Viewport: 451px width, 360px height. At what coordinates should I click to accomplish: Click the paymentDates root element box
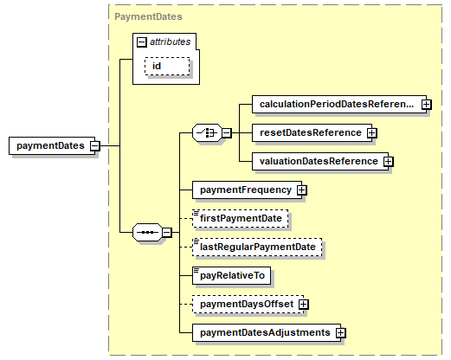pos(49,145)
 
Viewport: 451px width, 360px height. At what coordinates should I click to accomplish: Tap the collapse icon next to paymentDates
pos(95,145)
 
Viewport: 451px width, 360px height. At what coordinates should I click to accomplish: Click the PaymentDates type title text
pos(136,16)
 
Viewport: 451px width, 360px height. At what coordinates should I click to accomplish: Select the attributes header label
pos(171,41)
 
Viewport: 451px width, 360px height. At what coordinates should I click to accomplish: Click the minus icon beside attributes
pos(141,41)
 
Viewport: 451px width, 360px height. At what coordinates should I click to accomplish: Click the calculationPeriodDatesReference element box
pos(337,104)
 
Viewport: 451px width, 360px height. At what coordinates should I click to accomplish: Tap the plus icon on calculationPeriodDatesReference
pos(427,104)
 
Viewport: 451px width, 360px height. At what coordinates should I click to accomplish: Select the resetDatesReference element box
pos(309,132)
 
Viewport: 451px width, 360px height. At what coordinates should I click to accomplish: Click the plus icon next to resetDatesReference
pos(371,132)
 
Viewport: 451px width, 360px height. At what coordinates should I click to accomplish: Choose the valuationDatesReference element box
pos(317,161)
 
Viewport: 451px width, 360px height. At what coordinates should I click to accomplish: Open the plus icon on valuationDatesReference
pos(389,161)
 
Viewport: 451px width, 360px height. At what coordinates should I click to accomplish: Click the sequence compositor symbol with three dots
pos(146,232)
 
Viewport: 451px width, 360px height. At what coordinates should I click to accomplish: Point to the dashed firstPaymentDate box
pos(241,218)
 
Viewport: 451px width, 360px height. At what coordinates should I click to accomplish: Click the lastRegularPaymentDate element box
pos(256,247)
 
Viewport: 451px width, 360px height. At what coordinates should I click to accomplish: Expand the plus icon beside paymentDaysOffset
pos(304,305)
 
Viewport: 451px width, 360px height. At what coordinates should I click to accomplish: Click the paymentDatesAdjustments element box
pos(264,332)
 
